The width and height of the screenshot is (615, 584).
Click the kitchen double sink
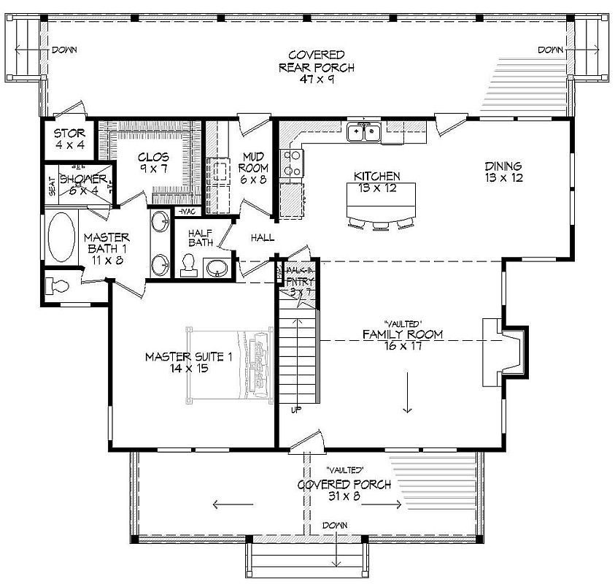pos(363,132)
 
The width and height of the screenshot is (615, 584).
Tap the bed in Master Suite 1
pos(230,362)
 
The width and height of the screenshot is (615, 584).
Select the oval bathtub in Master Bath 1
pos(61,237)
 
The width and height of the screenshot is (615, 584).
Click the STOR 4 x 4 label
pos(70,139)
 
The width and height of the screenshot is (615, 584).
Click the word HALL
pos(262,238)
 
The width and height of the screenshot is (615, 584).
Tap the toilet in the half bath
pos(187,265)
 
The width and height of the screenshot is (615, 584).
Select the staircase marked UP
pos(299,358)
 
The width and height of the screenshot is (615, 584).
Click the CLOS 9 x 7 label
pos(153,162)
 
